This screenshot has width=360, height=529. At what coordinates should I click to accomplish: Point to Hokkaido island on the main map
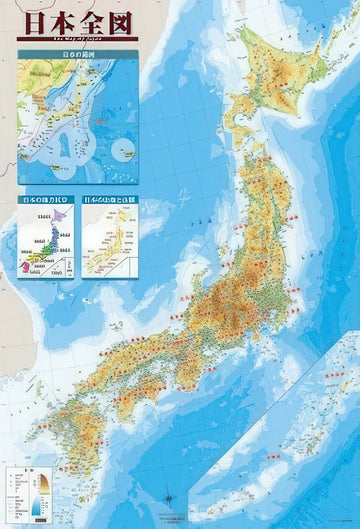click(x=275, y=80)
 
